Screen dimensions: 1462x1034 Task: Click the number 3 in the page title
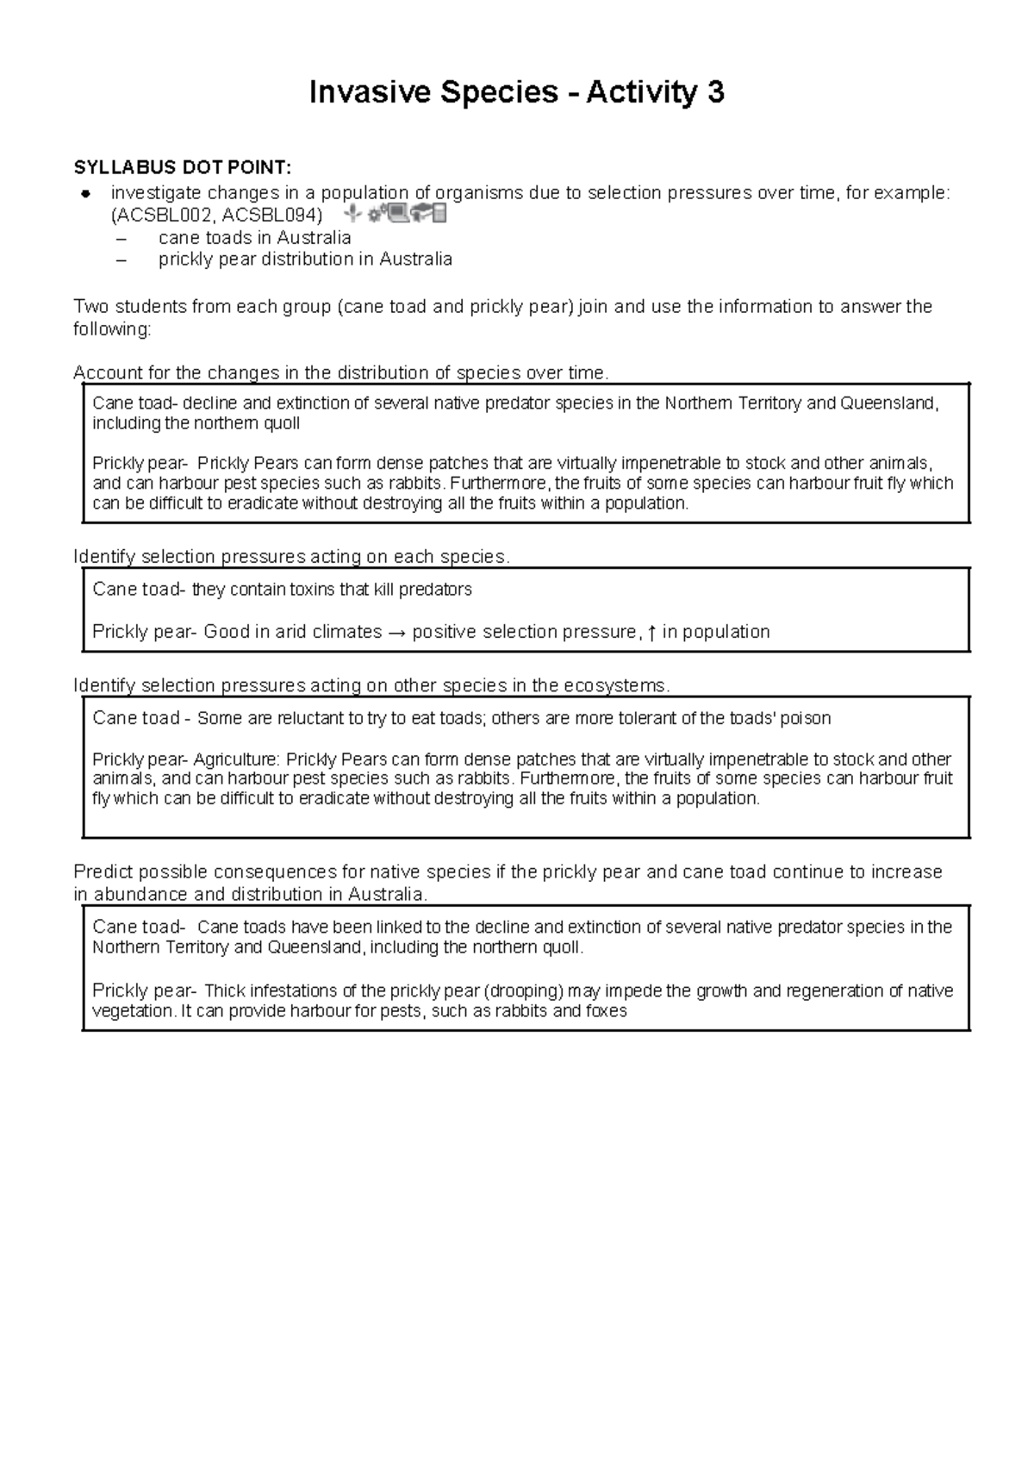pos(714,92)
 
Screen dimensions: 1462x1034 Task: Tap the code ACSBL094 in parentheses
pos(271,215)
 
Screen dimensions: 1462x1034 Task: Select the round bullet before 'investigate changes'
pos(86,193)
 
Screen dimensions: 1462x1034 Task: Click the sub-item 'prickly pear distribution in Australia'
pos(305,259)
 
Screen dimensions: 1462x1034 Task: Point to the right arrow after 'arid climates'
pos(396,633)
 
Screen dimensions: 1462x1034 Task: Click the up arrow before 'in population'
pos(651,633)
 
